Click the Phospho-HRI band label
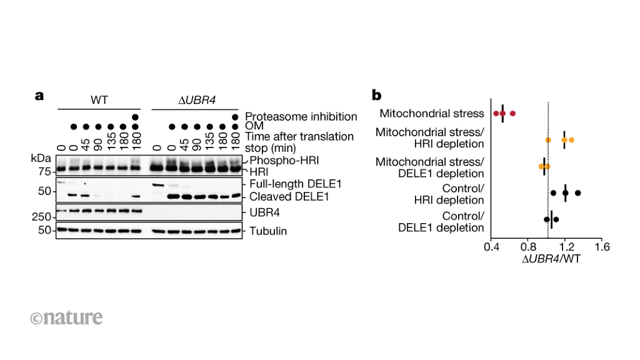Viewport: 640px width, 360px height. pyautogui.click(x=274, y=160)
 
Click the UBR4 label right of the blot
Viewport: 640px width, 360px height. pyautogui.click(x=263, y=212)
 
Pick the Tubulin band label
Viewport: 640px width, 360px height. pyautogui.click(x=268, y=231)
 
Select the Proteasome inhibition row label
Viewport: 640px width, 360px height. pyautogui.click(x=301, y=116)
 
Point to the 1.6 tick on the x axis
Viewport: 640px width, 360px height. pyautogui.click(x=601, y=247)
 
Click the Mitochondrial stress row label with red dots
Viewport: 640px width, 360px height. pyautogui.click(x=432, y=114)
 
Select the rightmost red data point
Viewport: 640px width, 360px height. pyautogui.click(x=512, y=114)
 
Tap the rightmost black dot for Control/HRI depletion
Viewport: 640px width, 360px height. pyautogui.click(x=578, y=193)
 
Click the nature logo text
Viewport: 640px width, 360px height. pyautogui.click(x=66, y=317)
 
